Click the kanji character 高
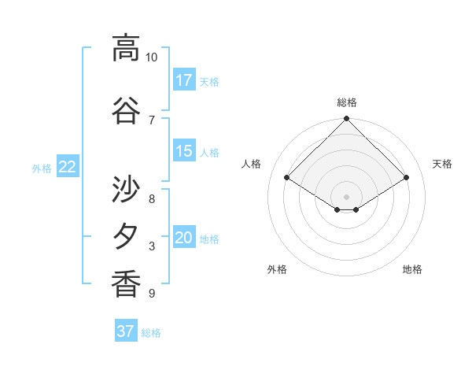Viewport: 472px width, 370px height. click(126, 48)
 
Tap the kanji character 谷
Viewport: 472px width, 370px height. click(126, 111)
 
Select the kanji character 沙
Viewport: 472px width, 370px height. click(126, 189)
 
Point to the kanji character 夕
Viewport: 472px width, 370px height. click(126, 237)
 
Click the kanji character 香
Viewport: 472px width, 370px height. click(126, 283)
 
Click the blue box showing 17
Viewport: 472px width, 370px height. click(184, 80)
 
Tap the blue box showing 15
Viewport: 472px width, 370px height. click(184, 151)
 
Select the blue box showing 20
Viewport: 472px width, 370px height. click(184, 238)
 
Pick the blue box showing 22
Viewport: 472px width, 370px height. click(68, 166)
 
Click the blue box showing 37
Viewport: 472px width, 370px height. click(126, 331)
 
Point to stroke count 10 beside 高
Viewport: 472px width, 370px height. click(152, 57)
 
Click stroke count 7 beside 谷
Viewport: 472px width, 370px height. click(152, 120)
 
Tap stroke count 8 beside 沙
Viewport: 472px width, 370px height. click(152, 198)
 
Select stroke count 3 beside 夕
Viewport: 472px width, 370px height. click(152, 246)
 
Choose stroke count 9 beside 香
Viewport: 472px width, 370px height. click(152, 294)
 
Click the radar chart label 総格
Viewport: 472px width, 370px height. click(347, 102)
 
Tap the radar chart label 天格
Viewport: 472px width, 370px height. click(443, 164)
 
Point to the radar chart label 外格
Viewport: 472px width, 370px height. click(277, 269)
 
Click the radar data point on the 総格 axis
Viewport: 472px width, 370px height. click(347, 119)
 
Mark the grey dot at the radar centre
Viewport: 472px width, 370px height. click(347, 195)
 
